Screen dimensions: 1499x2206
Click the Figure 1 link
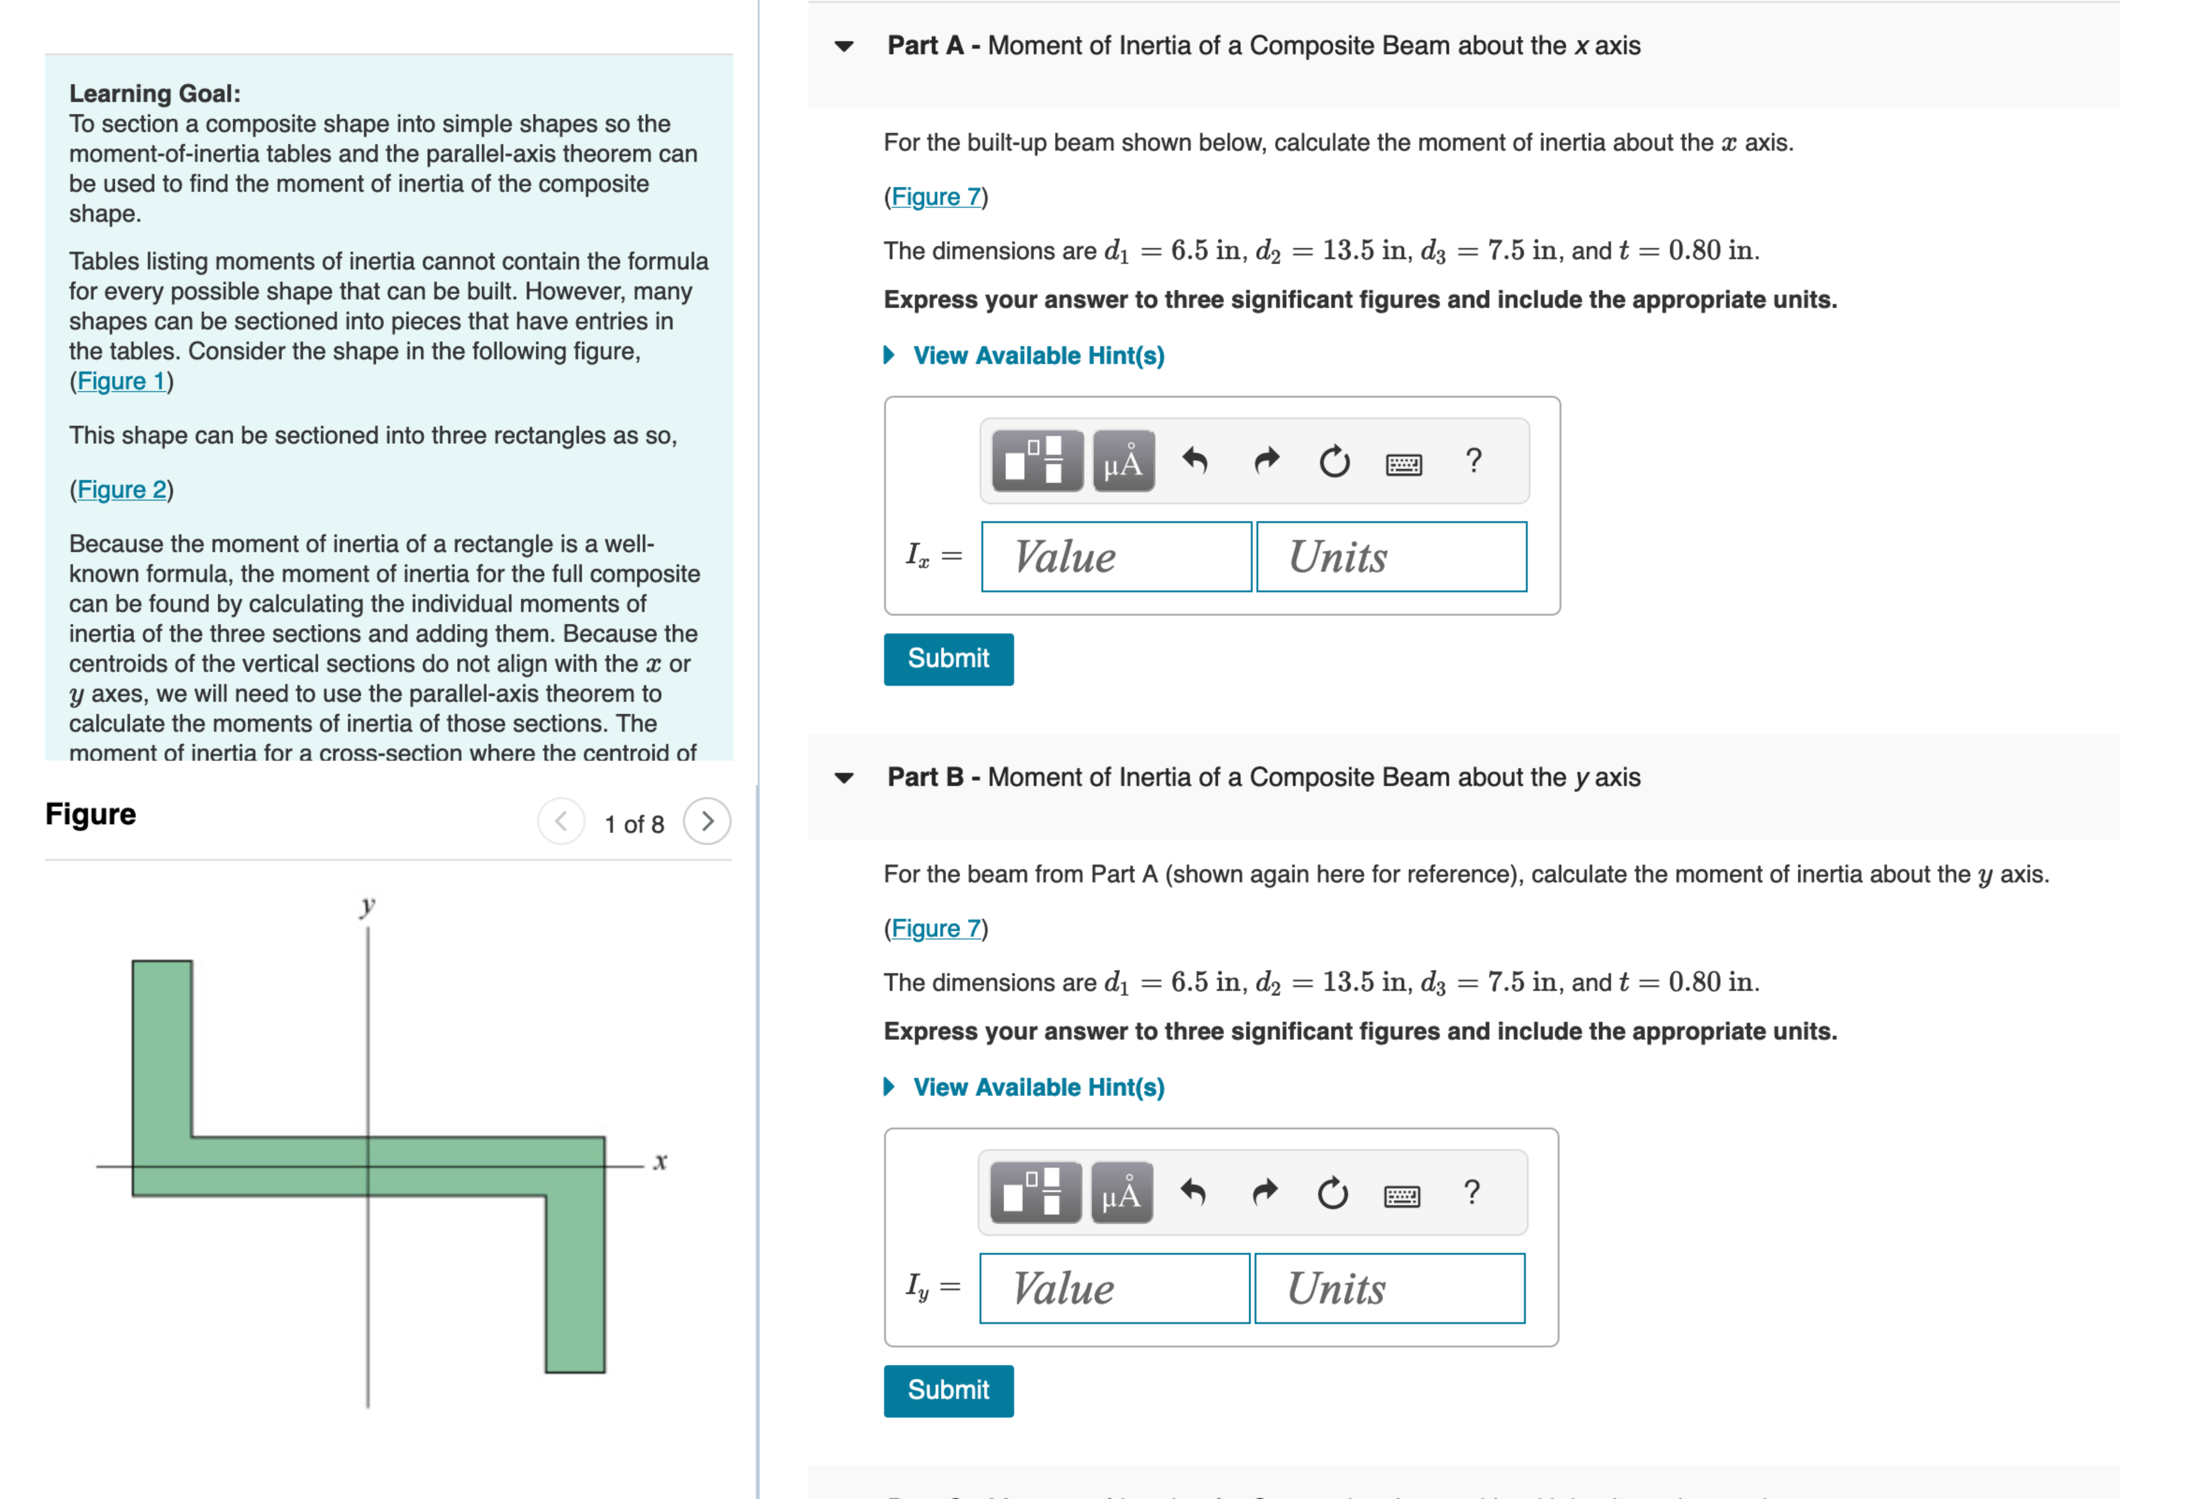point(121,382)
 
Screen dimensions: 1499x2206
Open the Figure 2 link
point(121,490)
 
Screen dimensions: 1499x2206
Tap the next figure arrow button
point(707,822)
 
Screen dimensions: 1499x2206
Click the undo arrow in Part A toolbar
point(1195,462)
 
